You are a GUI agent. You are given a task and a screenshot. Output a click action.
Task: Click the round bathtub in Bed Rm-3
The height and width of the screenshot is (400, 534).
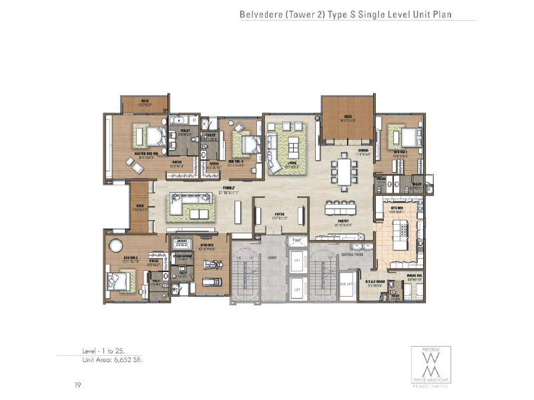click(114, 243)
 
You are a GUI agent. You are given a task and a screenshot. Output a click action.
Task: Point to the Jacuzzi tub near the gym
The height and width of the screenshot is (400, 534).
click(181, 244)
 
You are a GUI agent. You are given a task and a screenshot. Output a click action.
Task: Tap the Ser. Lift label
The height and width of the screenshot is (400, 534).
click(346, 283)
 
